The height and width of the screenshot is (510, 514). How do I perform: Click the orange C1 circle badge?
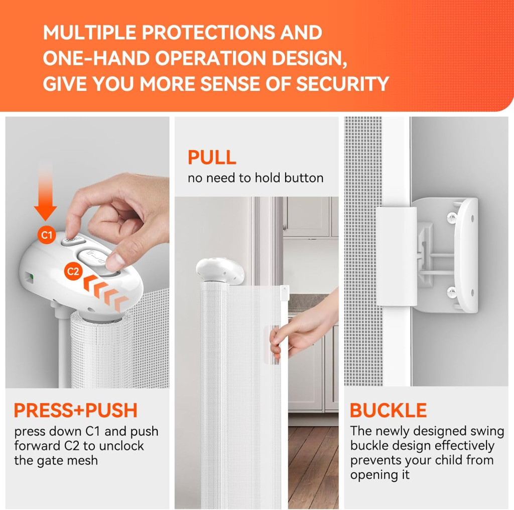(x=47, y=235)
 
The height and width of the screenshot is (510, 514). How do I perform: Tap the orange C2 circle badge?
(x=73, y=271)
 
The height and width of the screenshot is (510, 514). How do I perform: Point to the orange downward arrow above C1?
(x=45, y=190)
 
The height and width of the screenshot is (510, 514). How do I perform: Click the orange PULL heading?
(x=212, y=158)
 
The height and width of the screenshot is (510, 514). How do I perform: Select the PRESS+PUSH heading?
(x=76, y=410)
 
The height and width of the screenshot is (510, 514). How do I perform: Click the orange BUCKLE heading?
(x=389, y=410)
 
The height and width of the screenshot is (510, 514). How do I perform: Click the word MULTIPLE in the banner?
(x=89, y=32)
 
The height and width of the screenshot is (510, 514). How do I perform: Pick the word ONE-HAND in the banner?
(x=96, y=58)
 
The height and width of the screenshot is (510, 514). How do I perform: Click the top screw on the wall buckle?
(x=452, y=216)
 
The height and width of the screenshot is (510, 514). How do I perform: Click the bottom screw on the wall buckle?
(x=452, y=290)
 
